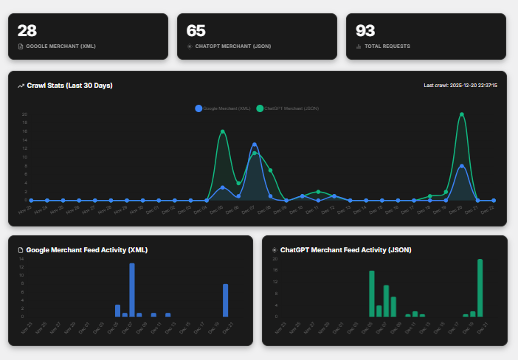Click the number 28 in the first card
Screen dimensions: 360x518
click(x=27, y=30)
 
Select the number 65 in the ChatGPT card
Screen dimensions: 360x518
click(x=196, y=30)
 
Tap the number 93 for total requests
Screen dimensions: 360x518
click(x=365, y=30)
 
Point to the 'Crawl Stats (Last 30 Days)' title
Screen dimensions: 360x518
click(x=69, y=86)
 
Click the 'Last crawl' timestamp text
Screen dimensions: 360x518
click(x=460, y=86)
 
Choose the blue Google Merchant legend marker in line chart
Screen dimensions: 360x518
click(x=198, y=108)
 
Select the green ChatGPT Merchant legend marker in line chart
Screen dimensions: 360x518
click(x=260, y=108)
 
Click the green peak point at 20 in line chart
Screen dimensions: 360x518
click(x=462, y=114)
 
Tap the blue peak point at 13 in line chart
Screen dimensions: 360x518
click(x=255, y=145)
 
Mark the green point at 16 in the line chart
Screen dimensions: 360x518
click(x=222, y=132)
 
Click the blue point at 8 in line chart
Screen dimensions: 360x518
click(x=462, y=166)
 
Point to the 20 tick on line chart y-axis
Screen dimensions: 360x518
click(x=24, y=114)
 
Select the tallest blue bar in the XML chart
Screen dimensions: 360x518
click(x=132, y=290)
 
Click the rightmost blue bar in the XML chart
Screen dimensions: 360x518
click(x=226, y=300)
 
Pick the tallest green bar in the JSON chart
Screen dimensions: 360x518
click(x=480, y=288)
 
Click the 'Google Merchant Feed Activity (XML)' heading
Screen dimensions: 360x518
click(x=87, y=250)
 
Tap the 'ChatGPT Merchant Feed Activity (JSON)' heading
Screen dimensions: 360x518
click(x=345, y=250)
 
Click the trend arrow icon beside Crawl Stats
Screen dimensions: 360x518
click(x=21, y=86)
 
